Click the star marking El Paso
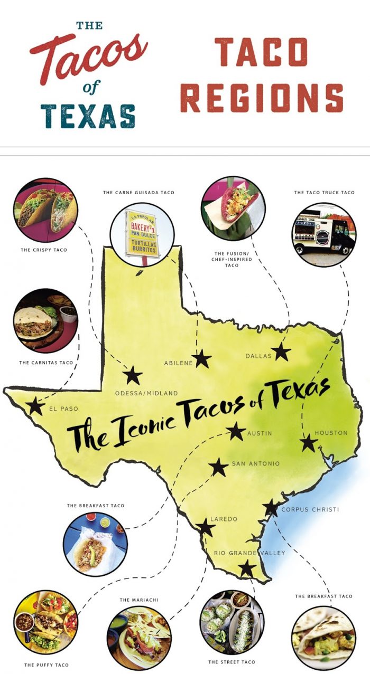35,406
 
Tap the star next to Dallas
281,352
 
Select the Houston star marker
308,442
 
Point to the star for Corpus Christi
271,507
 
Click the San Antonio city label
255,464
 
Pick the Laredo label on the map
224,519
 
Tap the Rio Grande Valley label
249,553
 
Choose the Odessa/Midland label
146,393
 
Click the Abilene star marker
201,359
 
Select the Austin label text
260,433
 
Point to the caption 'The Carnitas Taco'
46,363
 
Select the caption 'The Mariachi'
140,600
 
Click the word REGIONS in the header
262,97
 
